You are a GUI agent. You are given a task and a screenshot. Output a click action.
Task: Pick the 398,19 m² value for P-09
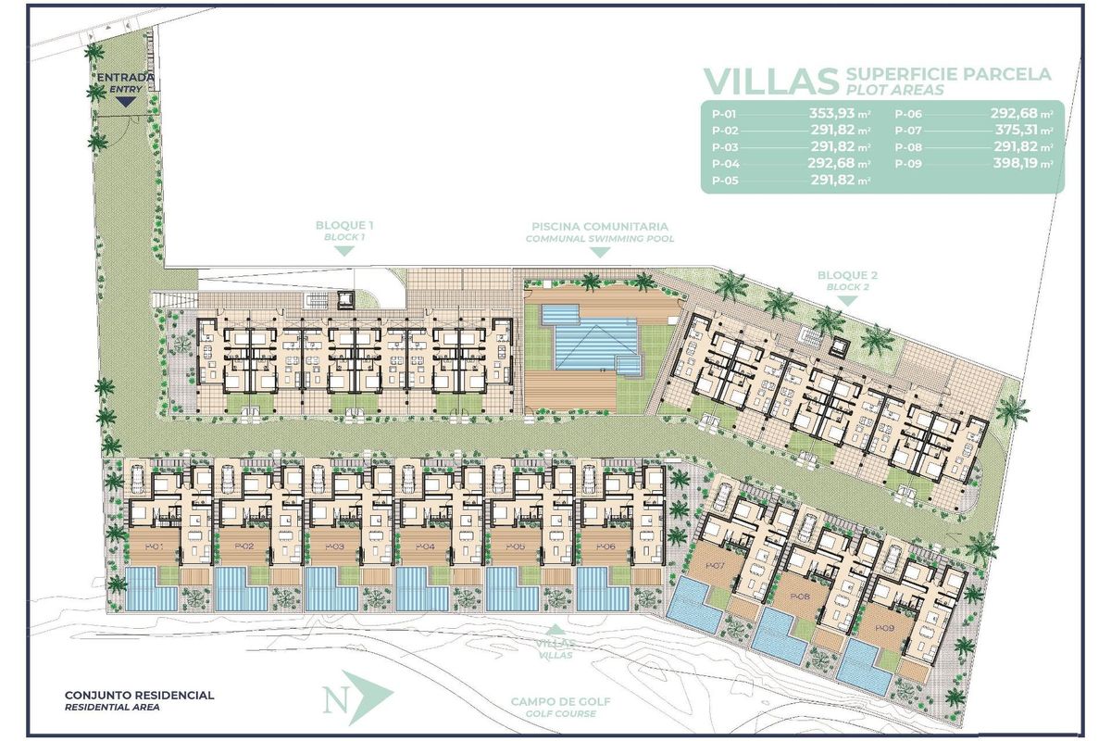1022,164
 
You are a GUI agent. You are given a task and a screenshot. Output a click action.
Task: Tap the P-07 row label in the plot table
908,131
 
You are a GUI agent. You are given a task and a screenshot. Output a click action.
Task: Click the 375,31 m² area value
1022,131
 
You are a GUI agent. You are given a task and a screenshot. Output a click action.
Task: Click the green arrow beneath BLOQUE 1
344,251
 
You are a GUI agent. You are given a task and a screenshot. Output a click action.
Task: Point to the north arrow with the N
357,697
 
